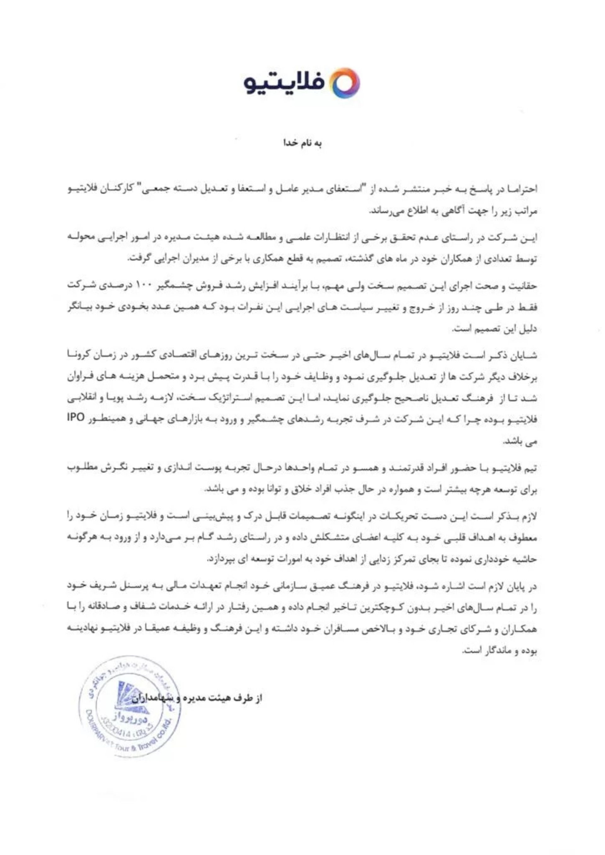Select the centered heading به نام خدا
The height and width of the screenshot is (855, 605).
(x=302, y=143)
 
